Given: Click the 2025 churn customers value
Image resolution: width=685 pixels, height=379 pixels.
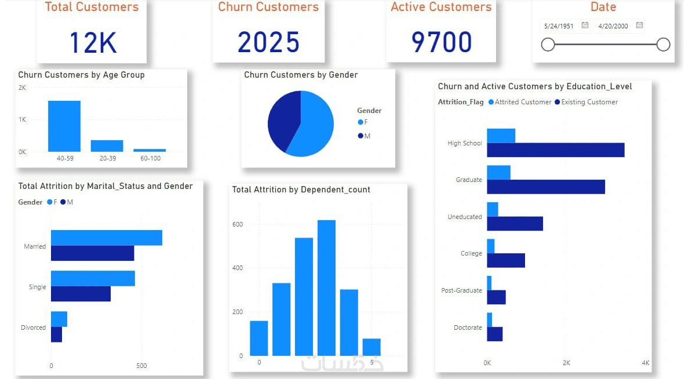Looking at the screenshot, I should click(268, 42).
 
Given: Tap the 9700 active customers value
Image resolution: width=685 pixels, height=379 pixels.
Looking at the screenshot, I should click(442, 42).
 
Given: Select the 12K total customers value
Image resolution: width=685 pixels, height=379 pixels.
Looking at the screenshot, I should click(93, 42).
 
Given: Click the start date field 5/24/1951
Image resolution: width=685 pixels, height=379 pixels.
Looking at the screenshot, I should click(559, 26).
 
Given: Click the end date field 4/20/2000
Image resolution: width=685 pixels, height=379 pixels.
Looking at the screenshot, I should click(614, 26).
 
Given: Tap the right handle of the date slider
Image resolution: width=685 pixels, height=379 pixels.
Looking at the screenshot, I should click(664, 45).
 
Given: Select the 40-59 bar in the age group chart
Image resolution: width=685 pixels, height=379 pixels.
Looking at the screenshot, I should click(64, 126).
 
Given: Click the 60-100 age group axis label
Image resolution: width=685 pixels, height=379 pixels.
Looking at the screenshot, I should click(150, 158).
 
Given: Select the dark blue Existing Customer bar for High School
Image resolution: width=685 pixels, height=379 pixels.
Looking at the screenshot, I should click(555, 150).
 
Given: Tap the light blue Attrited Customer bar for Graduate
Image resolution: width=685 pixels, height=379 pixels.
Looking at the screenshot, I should click(498, 173).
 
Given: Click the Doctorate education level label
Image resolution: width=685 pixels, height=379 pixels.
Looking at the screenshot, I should click(468, 327).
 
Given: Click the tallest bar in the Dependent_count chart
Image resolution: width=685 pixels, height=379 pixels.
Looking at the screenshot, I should click(327, 287).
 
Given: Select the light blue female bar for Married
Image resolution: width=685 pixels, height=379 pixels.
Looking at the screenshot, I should click(107, 238).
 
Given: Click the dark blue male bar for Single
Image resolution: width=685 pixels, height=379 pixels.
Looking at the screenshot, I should click(81, 294).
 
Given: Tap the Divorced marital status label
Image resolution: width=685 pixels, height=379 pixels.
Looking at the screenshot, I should click(33, 327).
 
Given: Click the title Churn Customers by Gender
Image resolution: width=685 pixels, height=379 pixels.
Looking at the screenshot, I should click(301, 75).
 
